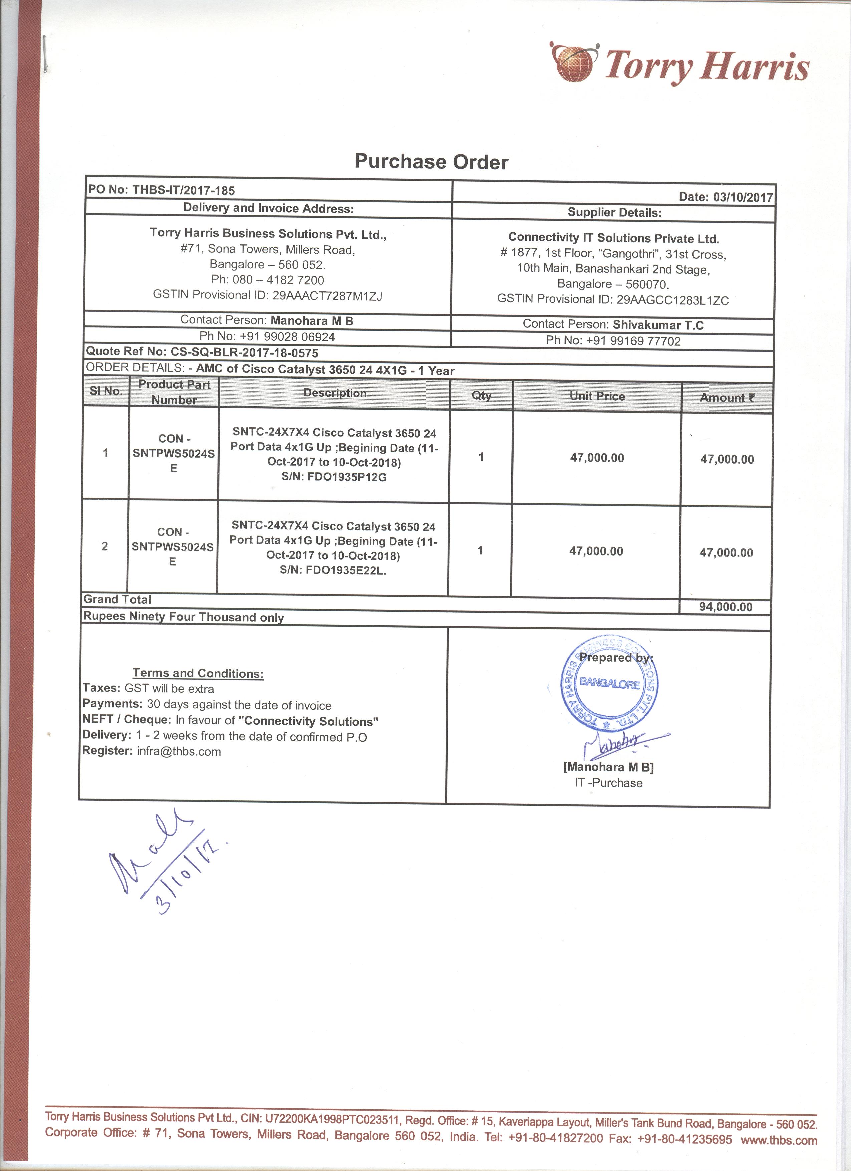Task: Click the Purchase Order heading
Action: click(431, 162)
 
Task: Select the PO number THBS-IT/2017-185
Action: click(183, 190)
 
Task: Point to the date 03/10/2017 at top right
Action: click(743, 197)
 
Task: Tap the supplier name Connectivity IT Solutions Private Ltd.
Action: click(613, 238)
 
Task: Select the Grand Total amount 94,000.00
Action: click(726, 607)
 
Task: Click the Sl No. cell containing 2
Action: click(105, 546)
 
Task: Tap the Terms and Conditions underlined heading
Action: click(198, 673)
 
